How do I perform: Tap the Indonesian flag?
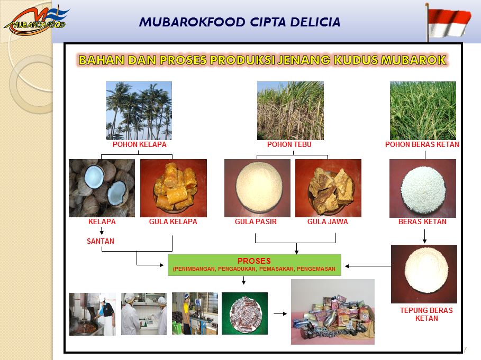pos(449,22)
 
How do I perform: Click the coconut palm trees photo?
pos(139,110)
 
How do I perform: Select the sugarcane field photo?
pos(290,110)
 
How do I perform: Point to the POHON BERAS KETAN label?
pos(422,145)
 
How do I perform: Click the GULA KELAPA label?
pos(173,221)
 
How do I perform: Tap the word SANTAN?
pos(101,241)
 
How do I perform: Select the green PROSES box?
pos(255,265)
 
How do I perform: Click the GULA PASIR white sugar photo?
pos(257,188)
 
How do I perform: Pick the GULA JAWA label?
pos(328,221)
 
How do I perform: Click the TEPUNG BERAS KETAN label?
pos(426,315)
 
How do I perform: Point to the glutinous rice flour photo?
pos(424,274)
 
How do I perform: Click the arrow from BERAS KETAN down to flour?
pos(424,236)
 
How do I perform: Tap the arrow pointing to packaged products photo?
pos(280,313)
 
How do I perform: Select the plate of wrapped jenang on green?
pos(244,313)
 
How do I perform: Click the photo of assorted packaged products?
pos(333,312)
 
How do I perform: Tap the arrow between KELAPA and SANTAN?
pos(102,231)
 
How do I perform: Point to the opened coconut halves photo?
pos(102,188)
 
